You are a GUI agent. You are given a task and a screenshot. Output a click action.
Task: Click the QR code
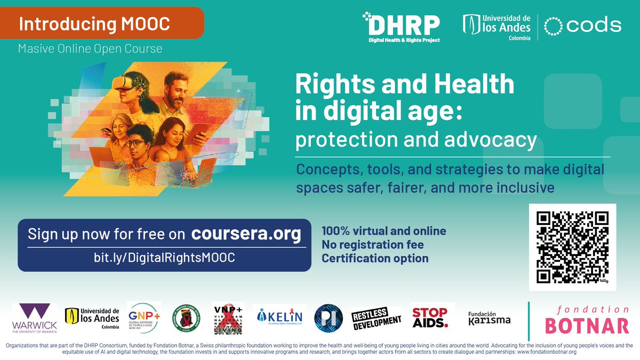click(x=572, y=247)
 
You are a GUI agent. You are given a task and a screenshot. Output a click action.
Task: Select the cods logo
click(x=585, y=26)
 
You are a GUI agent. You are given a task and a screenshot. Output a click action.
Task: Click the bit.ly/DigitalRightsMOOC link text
click(x=164, y=257)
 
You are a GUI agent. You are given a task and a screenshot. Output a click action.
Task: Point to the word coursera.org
click(x=246, y=234)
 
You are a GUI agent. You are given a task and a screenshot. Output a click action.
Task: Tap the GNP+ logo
click(x=143, y=318)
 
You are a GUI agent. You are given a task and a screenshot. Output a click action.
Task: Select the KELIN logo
click(x=279, y=317)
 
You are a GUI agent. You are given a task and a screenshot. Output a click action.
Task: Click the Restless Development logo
click(x=376, y=318)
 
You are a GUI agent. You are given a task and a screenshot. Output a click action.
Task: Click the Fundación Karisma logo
click(x=489, y=318)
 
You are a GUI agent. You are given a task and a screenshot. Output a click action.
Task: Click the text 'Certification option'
click(x=374, y=259)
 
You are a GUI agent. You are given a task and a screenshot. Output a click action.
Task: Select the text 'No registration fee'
click(x=373, y=245)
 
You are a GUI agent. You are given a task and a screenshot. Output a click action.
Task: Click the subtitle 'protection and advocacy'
click(x=416, y=140)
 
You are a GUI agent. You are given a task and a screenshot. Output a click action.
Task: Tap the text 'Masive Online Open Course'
click(x=90, y=49)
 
